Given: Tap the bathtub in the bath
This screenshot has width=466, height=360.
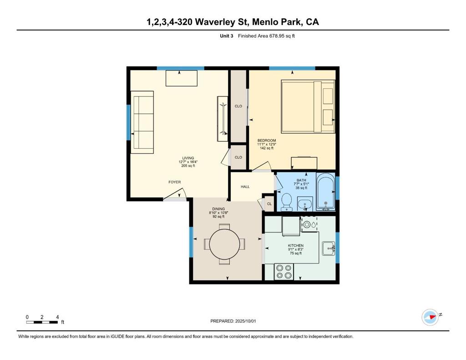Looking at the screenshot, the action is coord(326,191).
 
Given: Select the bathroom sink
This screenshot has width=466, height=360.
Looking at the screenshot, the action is coord(304,204).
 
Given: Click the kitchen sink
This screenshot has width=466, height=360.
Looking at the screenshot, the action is coord(329,248).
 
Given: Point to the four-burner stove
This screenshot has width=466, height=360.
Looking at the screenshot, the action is coord(284,272).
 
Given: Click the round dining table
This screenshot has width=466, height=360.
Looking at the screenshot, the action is coord(224,244).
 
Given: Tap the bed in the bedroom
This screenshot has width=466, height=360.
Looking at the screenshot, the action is coord(308,106).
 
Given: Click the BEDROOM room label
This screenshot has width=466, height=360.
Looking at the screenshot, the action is coord(267,140).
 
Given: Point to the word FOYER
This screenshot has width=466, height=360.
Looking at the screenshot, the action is coord(174,182).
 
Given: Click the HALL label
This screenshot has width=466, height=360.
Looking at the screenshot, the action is coord(245,187).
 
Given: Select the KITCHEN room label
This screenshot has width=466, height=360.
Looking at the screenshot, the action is coord(296,246).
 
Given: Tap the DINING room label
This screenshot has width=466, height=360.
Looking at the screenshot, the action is coord(218,209).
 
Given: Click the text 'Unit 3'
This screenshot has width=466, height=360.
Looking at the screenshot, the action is coord(227,36).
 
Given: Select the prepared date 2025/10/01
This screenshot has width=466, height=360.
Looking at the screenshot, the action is coord(245,321).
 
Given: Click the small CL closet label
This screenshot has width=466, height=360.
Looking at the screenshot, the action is coord(269,204).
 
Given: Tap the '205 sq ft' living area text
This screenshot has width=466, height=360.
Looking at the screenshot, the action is coord(188,166).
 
